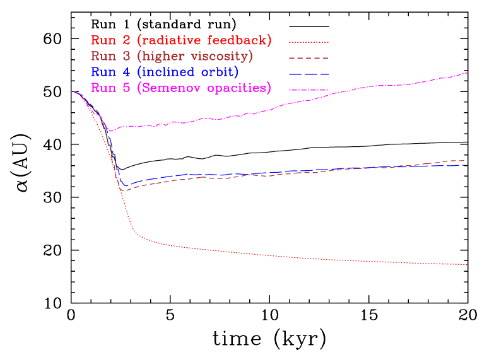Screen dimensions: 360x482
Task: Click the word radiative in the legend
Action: pos(167,41)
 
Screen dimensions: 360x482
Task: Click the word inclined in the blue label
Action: pos(167,72)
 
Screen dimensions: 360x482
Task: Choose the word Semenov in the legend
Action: pos(171,88)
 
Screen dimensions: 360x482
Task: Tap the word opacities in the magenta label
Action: pos(238,88)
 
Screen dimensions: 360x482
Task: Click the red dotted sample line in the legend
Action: pos(309,42)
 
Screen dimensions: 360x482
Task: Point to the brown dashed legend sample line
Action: pos(309,58)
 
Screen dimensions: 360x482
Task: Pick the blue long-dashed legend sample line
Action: pos(309,74)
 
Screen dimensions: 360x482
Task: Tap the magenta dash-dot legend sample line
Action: pos(309,90)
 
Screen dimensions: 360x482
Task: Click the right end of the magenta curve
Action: pos(467,73)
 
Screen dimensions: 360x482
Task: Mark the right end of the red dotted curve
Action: pos(467,265)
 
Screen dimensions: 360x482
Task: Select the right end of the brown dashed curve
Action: pos(467,160)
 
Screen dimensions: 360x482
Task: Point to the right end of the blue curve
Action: pos(467,165)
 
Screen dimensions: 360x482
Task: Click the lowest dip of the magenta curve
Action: pos(110,131)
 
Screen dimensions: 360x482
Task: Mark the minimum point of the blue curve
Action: pos(126,186)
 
